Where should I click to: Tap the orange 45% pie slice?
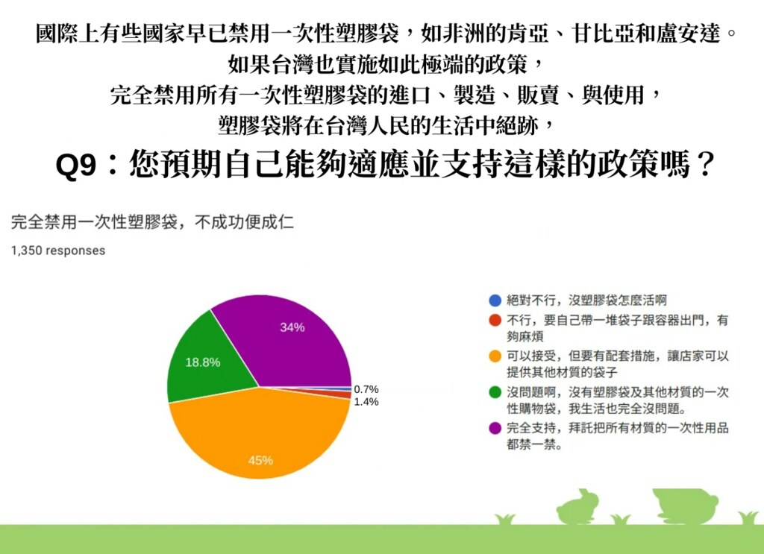(258, 433)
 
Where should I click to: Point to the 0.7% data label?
(366, 389)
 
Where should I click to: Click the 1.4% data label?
(366, 402)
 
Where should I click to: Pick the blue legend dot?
(495, 300)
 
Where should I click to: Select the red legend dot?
(495, 321)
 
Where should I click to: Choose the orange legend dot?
(495, 356)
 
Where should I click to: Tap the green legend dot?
(495, 392)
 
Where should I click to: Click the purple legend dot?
(495, 429)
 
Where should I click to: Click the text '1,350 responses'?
(58, 251)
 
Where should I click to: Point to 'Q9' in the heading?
(76, 166)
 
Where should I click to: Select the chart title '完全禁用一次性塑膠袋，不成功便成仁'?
(152, 222)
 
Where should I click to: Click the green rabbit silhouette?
(578, 508)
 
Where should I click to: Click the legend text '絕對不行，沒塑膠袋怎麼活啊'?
(586, 300)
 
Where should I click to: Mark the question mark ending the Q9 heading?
(705, 165)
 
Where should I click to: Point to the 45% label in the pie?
(260, 461)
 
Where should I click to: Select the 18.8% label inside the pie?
(203, 362)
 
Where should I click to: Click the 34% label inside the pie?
(292, 327)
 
